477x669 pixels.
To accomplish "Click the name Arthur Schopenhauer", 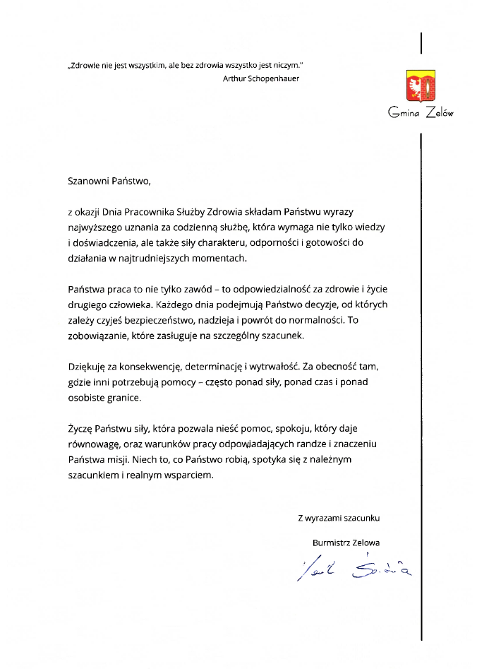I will tap(260, 78).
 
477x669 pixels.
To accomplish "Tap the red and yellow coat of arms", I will tap(421, 86).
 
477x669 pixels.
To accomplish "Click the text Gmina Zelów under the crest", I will tap(421, 112).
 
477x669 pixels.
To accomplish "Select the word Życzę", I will tap(81, 429).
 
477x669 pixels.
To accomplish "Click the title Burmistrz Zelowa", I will tap(346, 543).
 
